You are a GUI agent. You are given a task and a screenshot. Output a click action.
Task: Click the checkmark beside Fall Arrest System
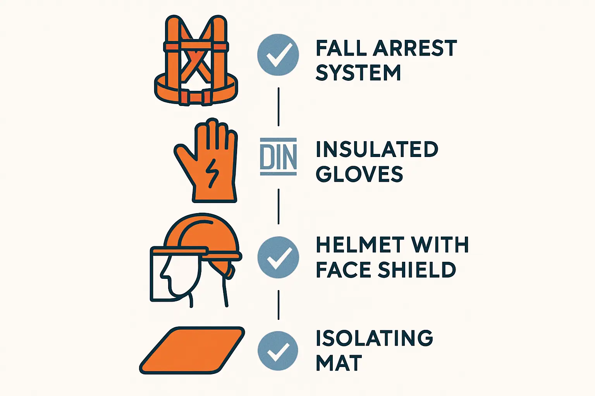(278, 55)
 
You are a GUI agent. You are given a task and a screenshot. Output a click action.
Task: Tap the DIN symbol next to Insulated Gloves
(278, 157)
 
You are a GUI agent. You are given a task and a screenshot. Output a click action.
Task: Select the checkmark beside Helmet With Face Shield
(278, 257)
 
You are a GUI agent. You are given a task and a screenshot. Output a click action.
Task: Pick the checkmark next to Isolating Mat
(278, 351)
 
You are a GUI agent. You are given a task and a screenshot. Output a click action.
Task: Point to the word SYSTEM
(358, 73)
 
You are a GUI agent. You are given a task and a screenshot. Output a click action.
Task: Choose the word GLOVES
(359, 174)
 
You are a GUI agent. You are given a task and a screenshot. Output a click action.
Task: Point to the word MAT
(339, 362)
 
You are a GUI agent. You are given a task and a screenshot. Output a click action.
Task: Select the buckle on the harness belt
(196, 97)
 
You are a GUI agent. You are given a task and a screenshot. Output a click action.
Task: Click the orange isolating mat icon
(192, 350)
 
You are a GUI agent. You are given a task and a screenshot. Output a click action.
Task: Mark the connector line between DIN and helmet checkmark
(279, 207)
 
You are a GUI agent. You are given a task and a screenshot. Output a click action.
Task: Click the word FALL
(340, 48)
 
